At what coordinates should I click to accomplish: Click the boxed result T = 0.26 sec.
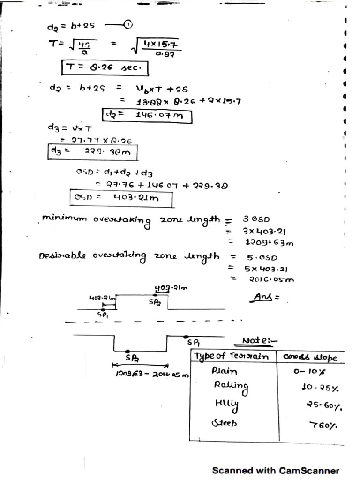[x=105, y=68]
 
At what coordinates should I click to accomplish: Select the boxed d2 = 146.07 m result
[x=147, y=115]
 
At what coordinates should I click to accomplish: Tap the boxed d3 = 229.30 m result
[x=92, y=151]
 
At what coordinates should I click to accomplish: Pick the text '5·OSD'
[x=262, y=257]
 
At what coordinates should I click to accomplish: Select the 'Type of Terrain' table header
[x=232, y=357]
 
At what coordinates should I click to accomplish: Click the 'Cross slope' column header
[x=310, y=357]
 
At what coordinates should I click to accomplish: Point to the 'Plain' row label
[x=225, y=371]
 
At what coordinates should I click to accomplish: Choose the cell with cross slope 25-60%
[x=324, y=406]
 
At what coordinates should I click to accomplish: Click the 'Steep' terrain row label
[x=225, y=423]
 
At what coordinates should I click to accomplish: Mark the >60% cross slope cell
[x=324, y=425]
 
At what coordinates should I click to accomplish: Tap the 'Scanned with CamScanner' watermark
[x=276, y=470]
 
